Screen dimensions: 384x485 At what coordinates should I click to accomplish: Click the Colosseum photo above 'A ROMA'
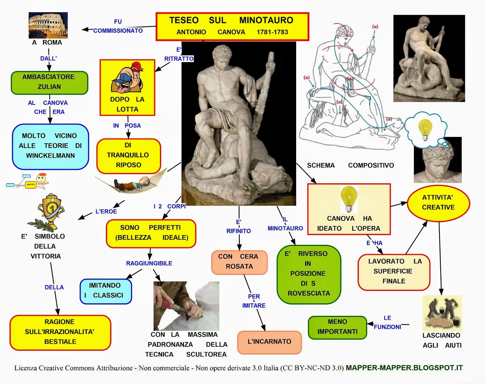[48, 25]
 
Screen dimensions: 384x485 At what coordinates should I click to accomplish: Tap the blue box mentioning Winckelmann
[50, 146]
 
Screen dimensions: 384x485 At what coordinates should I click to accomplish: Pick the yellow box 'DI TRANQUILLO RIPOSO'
[128, 155]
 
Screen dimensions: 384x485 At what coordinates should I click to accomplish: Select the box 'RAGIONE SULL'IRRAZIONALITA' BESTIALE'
[60, 332]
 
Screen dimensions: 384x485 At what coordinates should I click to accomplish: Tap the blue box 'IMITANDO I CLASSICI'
[105, 291]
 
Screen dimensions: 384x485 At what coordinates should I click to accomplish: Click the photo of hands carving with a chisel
[186, 306]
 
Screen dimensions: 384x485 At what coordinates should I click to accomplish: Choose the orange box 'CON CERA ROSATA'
[239, 262]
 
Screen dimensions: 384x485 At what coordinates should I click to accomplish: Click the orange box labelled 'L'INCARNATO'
[269, 342]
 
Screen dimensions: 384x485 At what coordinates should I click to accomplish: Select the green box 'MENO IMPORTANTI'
[337, 327]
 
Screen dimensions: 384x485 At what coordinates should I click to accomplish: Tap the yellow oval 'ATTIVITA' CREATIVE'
[438, 203]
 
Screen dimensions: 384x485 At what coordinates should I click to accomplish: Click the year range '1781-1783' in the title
[272, 32]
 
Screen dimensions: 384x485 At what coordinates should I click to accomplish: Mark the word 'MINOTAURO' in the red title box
[266, 20]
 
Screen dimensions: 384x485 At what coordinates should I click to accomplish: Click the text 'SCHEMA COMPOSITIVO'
[350, 165]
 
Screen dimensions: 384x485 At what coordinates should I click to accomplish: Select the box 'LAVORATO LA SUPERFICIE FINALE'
[394, 272]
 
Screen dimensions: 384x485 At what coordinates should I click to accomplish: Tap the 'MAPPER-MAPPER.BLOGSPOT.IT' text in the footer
[404, 368]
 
